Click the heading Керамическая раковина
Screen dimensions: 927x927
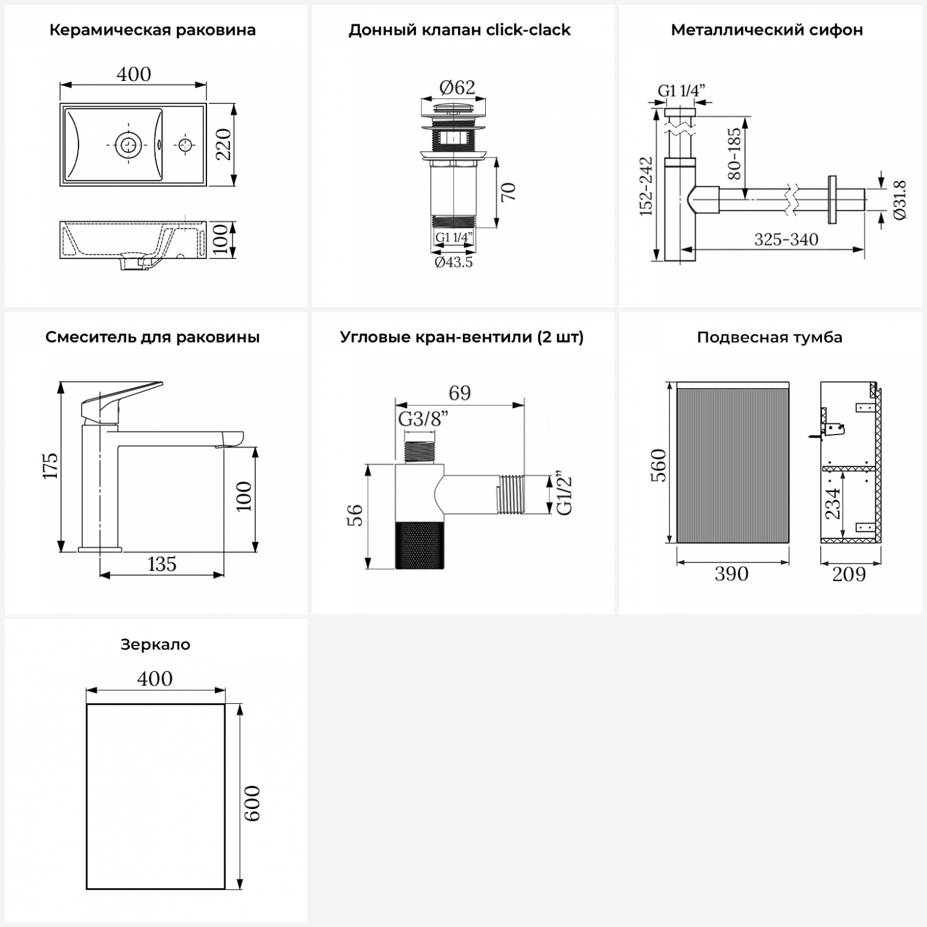point(153,30)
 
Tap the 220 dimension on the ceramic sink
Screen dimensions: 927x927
point(223,144)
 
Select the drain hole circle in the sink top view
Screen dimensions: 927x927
point(129,145)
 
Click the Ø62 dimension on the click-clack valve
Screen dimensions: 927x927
point(457,88)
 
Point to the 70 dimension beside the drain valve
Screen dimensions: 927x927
point(508,192)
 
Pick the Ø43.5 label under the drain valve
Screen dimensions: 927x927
point(454,262)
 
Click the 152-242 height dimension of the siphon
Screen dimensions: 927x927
point(646,186)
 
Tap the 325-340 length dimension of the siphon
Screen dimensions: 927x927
point(786,240)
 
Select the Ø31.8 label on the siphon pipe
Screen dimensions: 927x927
point(900,200)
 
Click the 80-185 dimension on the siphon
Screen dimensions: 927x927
point(734,153)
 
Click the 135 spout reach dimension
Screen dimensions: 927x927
point(162,564)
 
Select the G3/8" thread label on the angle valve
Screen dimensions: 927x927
point(423,419)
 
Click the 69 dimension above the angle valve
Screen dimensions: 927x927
point(460,393)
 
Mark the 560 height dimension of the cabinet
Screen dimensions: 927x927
point(659,465)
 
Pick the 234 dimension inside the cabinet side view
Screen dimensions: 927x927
point(833,504)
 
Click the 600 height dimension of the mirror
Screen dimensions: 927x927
point(252,803)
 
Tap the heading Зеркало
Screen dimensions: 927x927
point(155,645)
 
